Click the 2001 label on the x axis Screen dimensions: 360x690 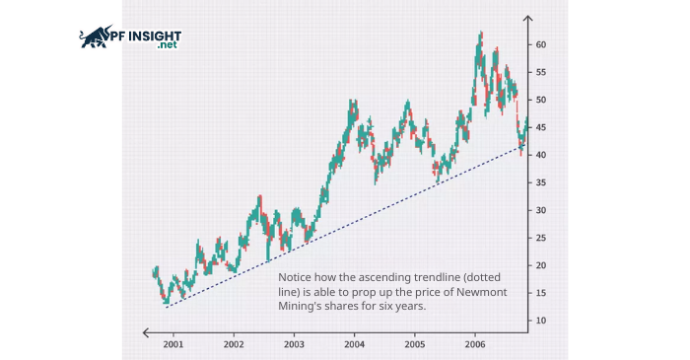point(172,345)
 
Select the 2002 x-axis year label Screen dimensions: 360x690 point(234,345)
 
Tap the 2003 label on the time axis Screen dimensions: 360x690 point(294,345)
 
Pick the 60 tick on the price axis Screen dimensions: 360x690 point(541,45)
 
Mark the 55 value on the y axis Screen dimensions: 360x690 point(541,73)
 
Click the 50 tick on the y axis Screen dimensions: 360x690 point(541,101)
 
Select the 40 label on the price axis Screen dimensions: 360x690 point(541,156)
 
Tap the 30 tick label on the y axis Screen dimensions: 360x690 point(541,211)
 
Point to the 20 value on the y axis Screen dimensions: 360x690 point(541,266)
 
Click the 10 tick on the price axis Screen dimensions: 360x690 point(541,322)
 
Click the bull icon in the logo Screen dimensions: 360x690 point(95,37)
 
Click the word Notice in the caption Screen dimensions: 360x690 point(295,278)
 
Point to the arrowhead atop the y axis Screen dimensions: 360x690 point(528,19)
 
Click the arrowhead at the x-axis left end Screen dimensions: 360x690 point(146,332)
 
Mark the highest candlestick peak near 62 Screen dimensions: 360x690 point(480,34)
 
